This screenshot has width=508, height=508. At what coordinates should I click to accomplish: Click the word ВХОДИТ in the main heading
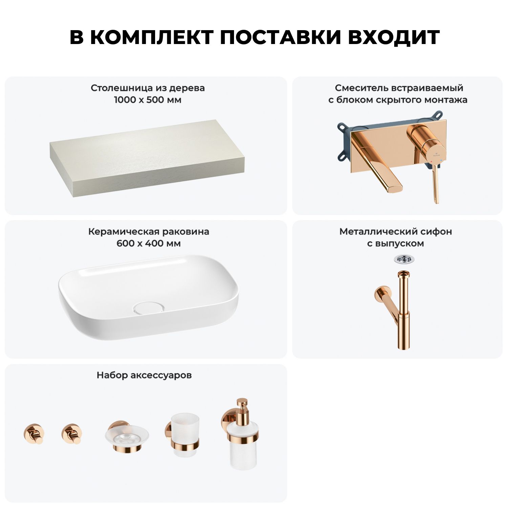[394, 37]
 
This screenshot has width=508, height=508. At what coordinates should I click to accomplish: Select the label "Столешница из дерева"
[148, 88]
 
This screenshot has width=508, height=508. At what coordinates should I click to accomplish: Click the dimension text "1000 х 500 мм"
[148, 100]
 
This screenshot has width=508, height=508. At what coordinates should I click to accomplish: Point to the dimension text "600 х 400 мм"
[149, 244]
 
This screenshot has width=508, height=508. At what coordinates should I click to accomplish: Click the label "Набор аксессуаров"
[144, 375]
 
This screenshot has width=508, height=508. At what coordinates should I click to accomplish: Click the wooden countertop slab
[147, 156]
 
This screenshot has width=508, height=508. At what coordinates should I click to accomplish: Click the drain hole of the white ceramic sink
[149, 308]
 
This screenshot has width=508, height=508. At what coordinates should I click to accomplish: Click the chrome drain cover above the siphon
[404, 259]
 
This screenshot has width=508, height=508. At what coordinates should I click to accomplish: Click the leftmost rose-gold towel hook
[34, 434]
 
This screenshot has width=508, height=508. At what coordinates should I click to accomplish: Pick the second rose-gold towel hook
[71, 434]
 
